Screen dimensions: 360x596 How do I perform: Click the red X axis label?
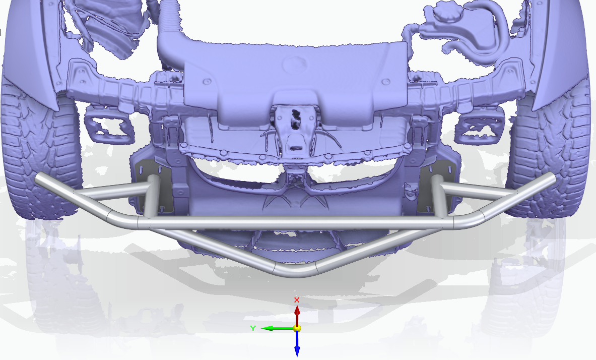click(x=297, y=300)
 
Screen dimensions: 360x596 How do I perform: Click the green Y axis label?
click(x=253, y=328)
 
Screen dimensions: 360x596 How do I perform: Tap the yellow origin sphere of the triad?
click(x=297, y=328)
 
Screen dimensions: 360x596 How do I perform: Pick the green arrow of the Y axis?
click(x=275, y=328)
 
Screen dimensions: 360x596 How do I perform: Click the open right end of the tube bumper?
click(x=551, y=178)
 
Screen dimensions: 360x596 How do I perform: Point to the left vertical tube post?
click(x=153, y=199)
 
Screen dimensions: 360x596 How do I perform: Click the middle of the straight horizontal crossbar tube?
click(x=297, y=222)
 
